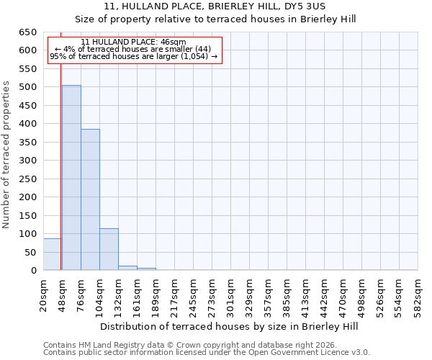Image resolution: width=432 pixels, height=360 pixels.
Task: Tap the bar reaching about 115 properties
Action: pos(109,249)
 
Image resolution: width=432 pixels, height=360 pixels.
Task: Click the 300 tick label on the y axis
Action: pos(27,161)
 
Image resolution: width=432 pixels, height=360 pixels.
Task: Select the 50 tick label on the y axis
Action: pos(30,253)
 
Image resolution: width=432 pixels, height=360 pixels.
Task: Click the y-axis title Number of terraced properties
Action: pos(6,154)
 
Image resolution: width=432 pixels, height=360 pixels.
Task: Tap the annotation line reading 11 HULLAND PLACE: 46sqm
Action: pos(133,42)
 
